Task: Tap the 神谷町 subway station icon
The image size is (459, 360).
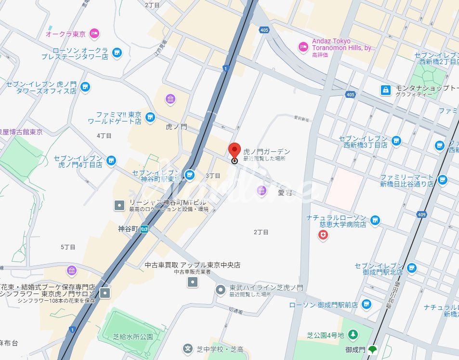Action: click(x=144, y=229)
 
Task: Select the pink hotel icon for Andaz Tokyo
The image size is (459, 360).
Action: click(x=303, y=46)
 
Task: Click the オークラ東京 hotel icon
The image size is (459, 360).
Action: click(x=95, y=33)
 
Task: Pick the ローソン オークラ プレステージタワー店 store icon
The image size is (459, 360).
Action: click(x=117, y=53)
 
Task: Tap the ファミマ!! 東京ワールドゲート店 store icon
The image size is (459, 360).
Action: click(x=150, y=117)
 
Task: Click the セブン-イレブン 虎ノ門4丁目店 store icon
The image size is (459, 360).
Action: click(x=111, y=160)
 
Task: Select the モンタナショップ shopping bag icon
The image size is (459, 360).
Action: click(x=385, y=90)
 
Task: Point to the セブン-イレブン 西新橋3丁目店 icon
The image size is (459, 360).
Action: click(x=396, y=141)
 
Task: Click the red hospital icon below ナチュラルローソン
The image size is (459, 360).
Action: click(x=323, y=235)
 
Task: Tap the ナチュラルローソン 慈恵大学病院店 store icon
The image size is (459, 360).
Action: click(x=375, y=221)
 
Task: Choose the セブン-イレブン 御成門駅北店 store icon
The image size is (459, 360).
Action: click(x=411, y=268)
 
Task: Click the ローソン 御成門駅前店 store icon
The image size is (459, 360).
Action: click(x=367, y=304)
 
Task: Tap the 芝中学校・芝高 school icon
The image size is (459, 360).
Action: click(x=187, y=348)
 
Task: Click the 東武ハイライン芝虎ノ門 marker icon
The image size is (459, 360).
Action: click(x=220, y=290)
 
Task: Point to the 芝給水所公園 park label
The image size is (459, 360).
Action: click(x=133, y=337)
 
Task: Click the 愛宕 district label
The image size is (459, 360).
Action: click(x=285, y=193)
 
